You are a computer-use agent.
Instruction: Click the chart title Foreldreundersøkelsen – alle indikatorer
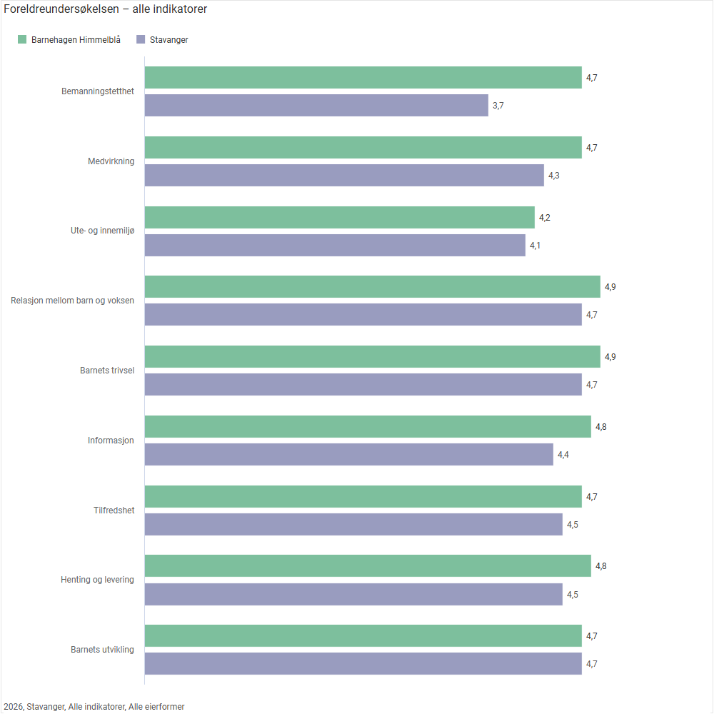point(106,9)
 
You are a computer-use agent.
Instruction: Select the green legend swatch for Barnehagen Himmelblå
point(22,39)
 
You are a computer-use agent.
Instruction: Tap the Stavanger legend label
point(169,40)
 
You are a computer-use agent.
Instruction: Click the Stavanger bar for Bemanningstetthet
point(316,106)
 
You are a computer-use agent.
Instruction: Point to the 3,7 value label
point(498,106)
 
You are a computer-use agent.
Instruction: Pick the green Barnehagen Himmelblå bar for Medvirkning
point(363,148)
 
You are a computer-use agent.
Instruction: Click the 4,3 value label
point(554,176)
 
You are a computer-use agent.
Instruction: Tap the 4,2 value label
point(545,218)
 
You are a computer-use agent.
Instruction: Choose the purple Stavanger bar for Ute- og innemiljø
point(335,246)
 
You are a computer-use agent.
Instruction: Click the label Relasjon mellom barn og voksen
point(72,301)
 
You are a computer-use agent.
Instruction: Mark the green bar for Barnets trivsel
point(372,357)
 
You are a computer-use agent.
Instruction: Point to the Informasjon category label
point(111,441)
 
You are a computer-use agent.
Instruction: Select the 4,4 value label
point(563,455)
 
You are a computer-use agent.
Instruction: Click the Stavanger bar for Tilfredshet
point(353,525)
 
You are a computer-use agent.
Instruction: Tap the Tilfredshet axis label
point(114,511)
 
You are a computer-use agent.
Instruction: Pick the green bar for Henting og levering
point(368,566)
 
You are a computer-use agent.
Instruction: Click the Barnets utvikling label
point(102,650)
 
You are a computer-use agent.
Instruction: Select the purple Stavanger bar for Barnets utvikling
point(363,664)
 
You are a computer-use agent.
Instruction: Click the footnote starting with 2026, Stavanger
point(94,707)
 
